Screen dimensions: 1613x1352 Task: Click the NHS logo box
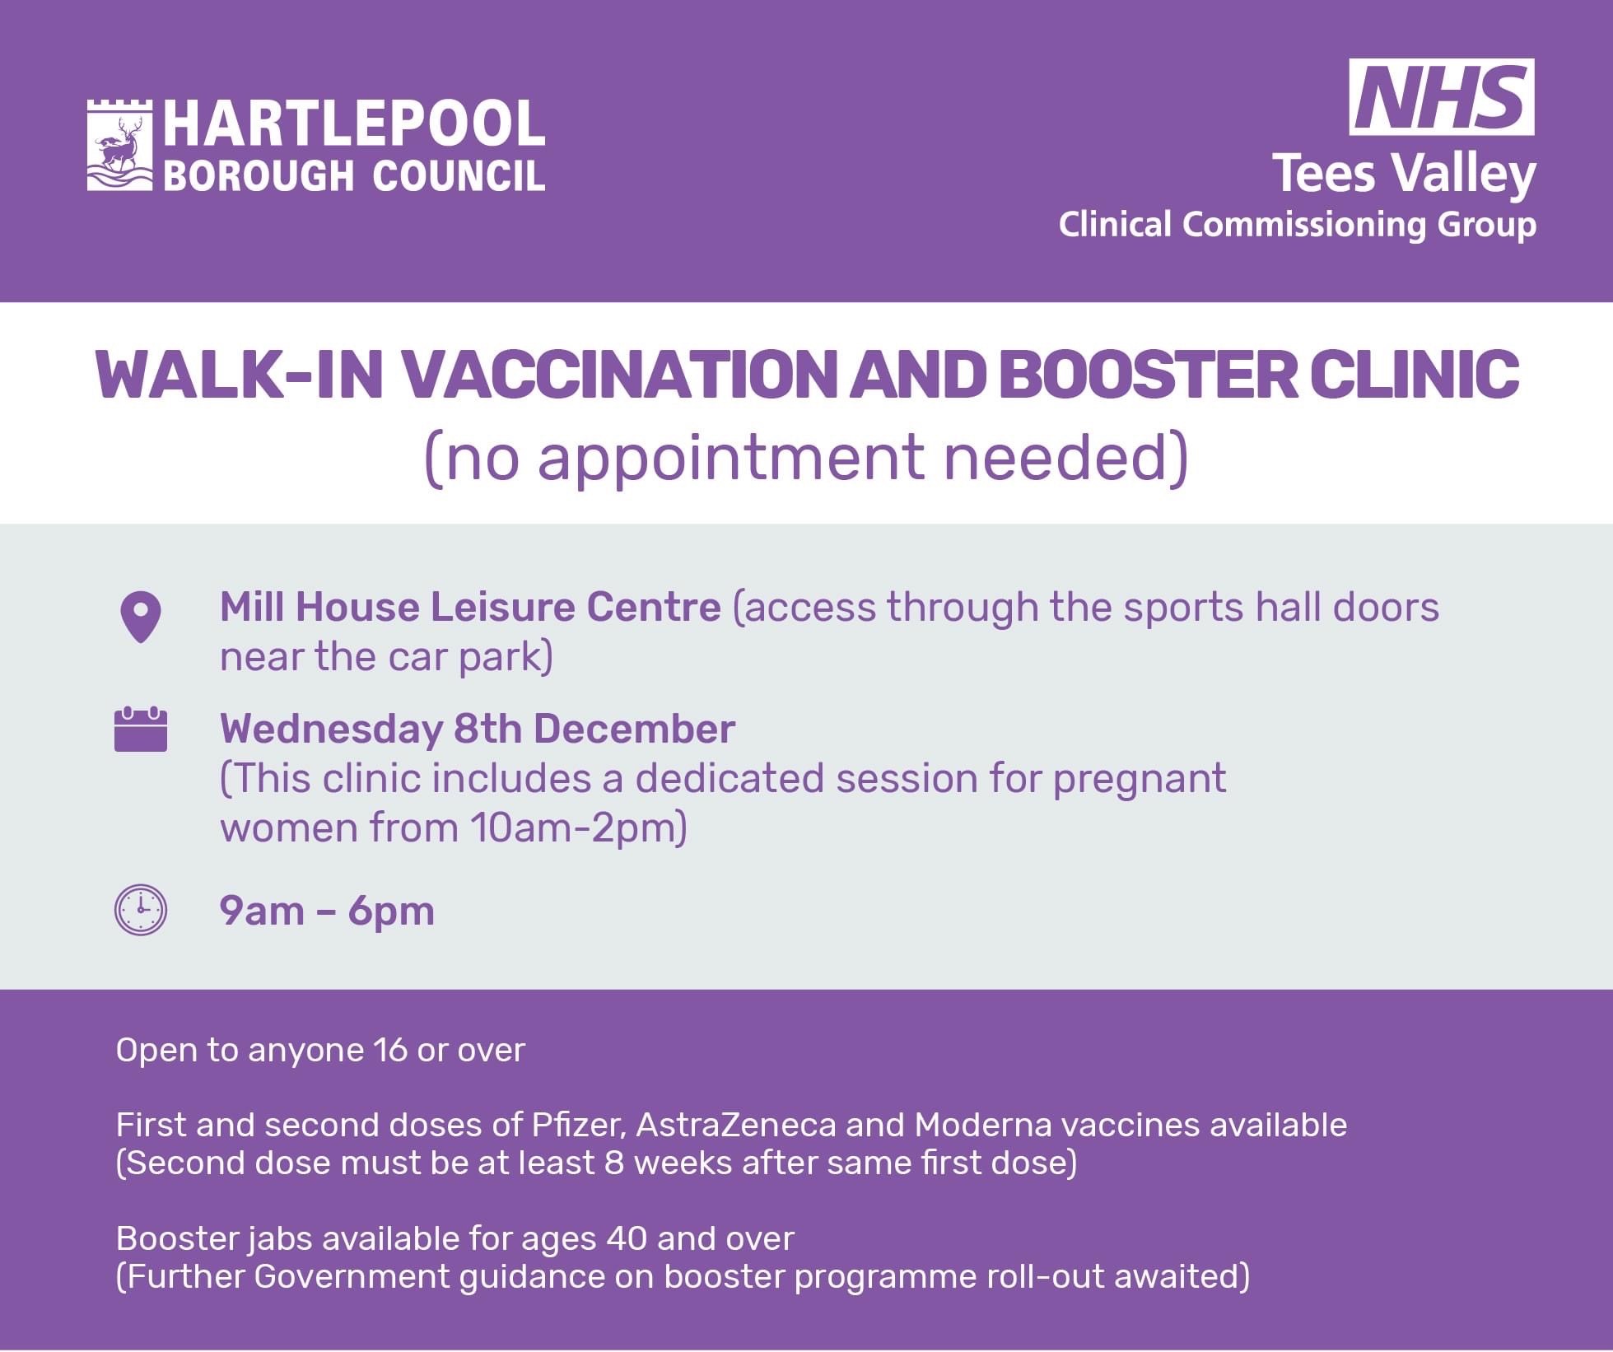[1442, 97]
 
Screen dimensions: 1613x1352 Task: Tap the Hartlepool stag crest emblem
[120, 145]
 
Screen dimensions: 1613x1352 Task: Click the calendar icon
[141, 729]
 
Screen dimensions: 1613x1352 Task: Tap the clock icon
[140, 910]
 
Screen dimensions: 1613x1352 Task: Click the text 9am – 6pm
[327, 911]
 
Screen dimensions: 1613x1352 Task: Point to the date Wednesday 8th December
[478, 729]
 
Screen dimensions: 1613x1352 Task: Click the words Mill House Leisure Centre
[470, 607]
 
